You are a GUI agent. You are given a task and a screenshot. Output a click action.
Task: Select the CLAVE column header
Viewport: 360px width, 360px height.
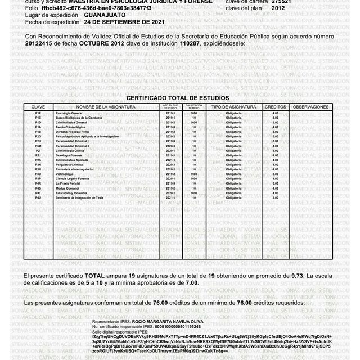[x=38, y=106]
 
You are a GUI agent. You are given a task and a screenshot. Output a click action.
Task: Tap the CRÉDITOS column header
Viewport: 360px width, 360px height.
[x=275, y=106]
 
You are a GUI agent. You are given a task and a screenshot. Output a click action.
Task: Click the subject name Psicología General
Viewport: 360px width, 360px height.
[x=70, y=113]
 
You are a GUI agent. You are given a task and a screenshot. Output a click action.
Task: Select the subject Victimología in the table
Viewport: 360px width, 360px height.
[x=66, y=174]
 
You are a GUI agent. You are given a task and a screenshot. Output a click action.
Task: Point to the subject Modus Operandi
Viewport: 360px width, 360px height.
[x=69, y=188]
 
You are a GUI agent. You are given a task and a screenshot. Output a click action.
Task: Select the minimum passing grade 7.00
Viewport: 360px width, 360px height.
[x=191, y=284]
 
